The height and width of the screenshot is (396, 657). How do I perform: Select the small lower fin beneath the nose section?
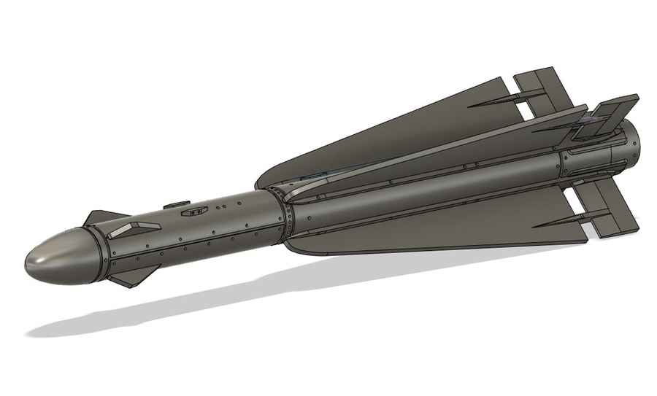coord(131,279)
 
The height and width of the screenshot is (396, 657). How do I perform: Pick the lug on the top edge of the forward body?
coord(177,205)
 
